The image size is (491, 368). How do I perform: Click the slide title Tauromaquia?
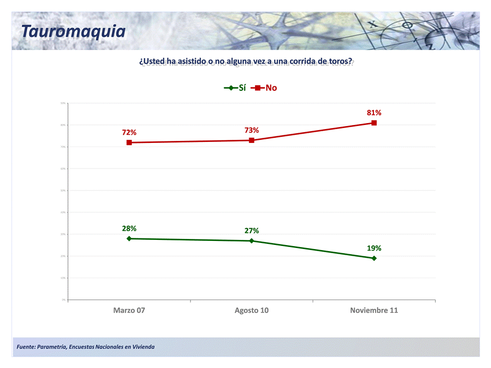[x=73, y=31]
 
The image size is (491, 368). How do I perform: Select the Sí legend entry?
[x=236, y=88]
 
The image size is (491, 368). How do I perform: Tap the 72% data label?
[x=129, y=133]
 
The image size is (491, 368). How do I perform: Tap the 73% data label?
[x=251, y=130]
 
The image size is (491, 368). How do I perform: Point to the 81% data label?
[x=374, y=113]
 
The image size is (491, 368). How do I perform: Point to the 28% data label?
[x=129, y=229]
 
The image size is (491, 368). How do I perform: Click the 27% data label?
[x=251, y=231]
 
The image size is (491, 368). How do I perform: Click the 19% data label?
[x=374, y=248]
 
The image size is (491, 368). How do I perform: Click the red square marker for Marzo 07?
[x=129, y=142]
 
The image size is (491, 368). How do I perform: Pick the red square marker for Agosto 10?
[x=251, y=140]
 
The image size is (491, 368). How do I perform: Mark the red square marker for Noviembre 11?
[x=374, y=123]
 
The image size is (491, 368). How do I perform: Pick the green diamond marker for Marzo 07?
[x=129, y=238]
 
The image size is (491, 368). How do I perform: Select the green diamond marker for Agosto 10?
[x=251, y=241]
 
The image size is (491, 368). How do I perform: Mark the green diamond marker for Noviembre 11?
[x=374, y=258]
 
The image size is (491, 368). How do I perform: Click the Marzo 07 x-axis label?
[x=129, y=310]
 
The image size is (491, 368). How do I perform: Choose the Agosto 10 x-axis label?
[x=251, y=310]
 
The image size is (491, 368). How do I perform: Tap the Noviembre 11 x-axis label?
[x=374, y=310]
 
